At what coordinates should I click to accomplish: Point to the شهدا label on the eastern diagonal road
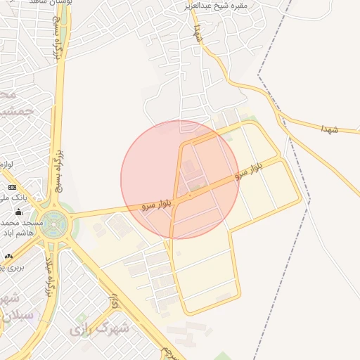[x=328, y=130]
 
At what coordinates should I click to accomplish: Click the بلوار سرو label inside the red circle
[x=156, y=205]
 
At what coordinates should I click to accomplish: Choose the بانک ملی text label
[x=15, y=199]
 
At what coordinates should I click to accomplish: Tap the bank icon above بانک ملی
[x=12, y=187]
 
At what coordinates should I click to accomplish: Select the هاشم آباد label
[x=15, y=252]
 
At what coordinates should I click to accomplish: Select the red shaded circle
[x=180, y=179]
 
